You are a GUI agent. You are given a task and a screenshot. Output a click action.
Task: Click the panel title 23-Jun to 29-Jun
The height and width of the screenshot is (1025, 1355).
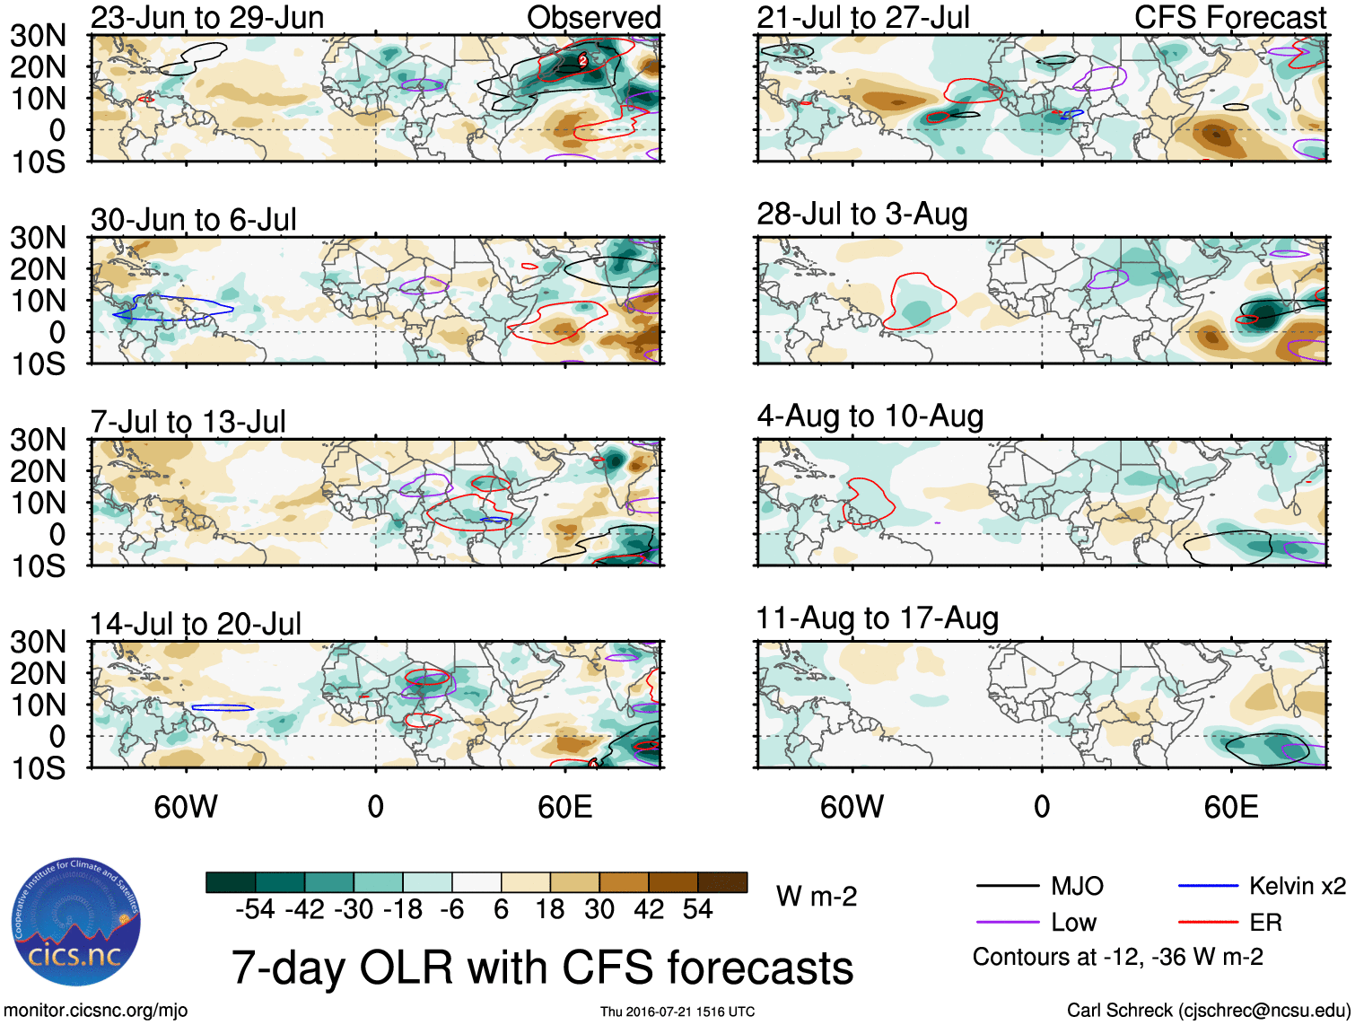tap(207, 18)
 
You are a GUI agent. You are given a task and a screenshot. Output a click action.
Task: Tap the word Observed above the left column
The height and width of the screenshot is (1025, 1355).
tap(593, 18)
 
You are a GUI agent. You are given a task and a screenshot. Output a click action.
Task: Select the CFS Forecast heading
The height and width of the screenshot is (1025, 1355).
tap(1229, 18)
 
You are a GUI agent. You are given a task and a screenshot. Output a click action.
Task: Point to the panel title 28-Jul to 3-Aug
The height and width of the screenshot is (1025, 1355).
tap(861, 215)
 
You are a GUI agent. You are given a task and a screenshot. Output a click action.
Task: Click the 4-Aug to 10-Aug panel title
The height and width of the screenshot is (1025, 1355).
tap(870, 416)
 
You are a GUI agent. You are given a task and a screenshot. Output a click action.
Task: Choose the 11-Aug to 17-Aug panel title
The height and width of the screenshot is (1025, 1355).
tap(877, 618)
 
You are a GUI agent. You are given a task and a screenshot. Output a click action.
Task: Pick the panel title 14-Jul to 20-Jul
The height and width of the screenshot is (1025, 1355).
tap(196, 624)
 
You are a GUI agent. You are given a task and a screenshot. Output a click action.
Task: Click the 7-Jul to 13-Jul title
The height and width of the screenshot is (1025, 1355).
tap(188, 422)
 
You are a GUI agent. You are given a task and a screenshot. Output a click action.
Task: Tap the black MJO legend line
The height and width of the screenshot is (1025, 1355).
tap(1007, 887)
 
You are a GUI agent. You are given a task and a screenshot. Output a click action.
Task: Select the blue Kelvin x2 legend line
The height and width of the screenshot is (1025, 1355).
tap(1208, 887)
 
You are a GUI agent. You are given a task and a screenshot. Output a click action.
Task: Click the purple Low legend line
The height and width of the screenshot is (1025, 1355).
tap(1007, 923)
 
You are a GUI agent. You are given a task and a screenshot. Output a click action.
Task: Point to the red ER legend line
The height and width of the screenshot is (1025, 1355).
tap(1208, 923)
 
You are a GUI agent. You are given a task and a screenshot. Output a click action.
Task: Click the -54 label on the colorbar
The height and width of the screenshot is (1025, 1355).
tap(255, 910)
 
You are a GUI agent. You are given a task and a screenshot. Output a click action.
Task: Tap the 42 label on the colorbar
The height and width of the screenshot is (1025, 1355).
tap(649, 910)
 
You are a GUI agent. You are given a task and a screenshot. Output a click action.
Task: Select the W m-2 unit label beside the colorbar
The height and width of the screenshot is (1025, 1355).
tap(817, 897)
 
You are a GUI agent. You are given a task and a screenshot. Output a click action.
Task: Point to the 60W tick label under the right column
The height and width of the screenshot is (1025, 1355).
tap(852, 807)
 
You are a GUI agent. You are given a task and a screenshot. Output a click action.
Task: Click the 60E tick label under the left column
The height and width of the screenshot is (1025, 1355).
tap(564, 807)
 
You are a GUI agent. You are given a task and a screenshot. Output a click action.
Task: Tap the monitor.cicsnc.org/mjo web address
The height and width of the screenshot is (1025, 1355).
tap(96, 1011)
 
